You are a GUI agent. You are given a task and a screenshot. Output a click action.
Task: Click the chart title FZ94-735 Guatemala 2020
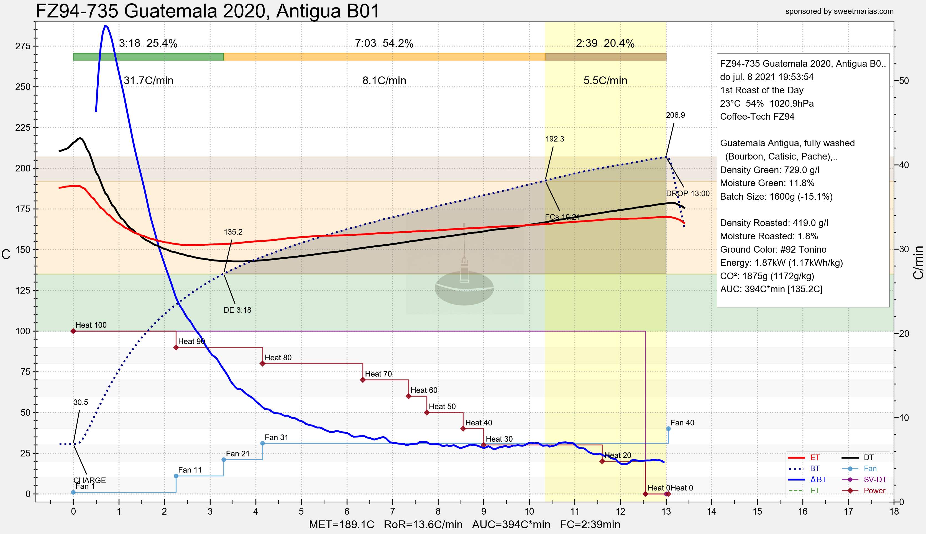[x=207, y=11]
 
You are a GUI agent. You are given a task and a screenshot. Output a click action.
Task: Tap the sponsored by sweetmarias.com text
[x=839, y=11]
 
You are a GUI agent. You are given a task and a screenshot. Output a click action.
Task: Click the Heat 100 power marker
[x=73, y=331]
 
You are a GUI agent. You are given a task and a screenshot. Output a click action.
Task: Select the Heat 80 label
[x=278, y=358]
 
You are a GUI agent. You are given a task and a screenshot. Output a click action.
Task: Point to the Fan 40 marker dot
[x=668, y=429]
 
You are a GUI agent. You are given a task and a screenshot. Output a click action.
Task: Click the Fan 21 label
[x=237, y=454]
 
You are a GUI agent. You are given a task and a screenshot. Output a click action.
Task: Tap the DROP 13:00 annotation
[x=687, y=194]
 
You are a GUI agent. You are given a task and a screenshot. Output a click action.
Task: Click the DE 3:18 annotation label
[x=237, y=310]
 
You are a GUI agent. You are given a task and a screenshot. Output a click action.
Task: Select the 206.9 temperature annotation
[x=675, y=115]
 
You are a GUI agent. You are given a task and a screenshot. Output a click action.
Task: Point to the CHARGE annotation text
[x=89, y=480]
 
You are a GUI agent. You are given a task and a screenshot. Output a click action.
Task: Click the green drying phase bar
[x=148, y=57]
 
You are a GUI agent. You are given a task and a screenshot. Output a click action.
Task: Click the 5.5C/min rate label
[x=605, y=81]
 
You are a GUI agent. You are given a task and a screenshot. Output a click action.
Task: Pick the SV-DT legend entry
[x=875, y=480]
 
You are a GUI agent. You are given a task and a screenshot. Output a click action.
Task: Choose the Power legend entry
[x=874, y=491]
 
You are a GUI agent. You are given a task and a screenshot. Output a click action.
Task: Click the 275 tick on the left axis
[x=23, y=46]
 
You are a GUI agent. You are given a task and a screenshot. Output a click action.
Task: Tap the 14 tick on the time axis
[x=712, y=511]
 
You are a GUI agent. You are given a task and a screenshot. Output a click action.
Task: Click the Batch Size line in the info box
[x=776, y=197]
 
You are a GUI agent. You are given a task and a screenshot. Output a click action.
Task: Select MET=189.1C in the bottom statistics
[x=341, y=525]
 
